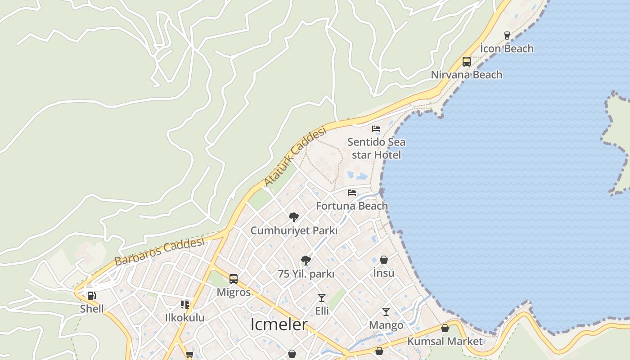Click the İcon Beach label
tap(507, 49)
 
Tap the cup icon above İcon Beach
tap(507, 35)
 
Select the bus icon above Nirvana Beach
tap(467, 62)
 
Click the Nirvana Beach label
tap(467, 75)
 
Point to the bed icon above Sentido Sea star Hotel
tap(376, 129)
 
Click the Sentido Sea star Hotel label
tap(376, 148)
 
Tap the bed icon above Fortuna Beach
tap(352, 193)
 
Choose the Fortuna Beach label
tap(352, 206)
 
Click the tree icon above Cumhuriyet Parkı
tap(294, 217)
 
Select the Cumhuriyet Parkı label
tap(294, 230)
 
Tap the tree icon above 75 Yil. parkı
tap(306, 260)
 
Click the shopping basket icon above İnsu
tap(384, 260)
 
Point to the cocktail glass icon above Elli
tap(322, 297)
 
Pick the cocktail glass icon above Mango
tap(386, 311)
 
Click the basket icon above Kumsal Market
tap(445, 328)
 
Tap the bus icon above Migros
tap(234, 279)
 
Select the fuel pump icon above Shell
tap(92, 296)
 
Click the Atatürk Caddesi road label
tap(295, 157)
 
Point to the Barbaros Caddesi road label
tap(159, 252)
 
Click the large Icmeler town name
tap(279, 324)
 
